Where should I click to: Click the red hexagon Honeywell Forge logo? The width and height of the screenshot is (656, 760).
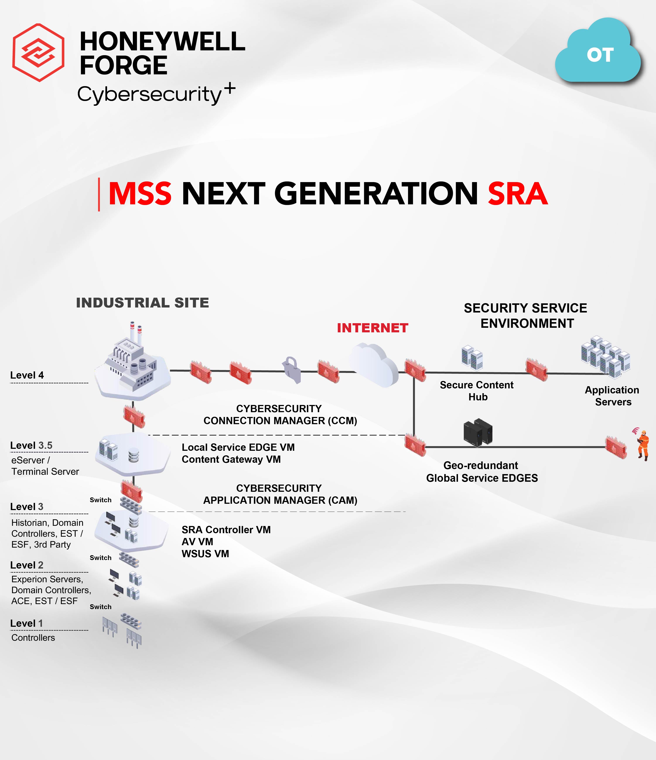coord(39,53)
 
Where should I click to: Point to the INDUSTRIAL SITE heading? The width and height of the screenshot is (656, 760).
coord(142,303)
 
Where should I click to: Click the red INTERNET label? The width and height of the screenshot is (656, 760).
coord(372,328)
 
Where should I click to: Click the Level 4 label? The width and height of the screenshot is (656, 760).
coord(27,375)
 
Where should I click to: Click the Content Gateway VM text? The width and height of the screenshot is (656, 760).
coord(231,459)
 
